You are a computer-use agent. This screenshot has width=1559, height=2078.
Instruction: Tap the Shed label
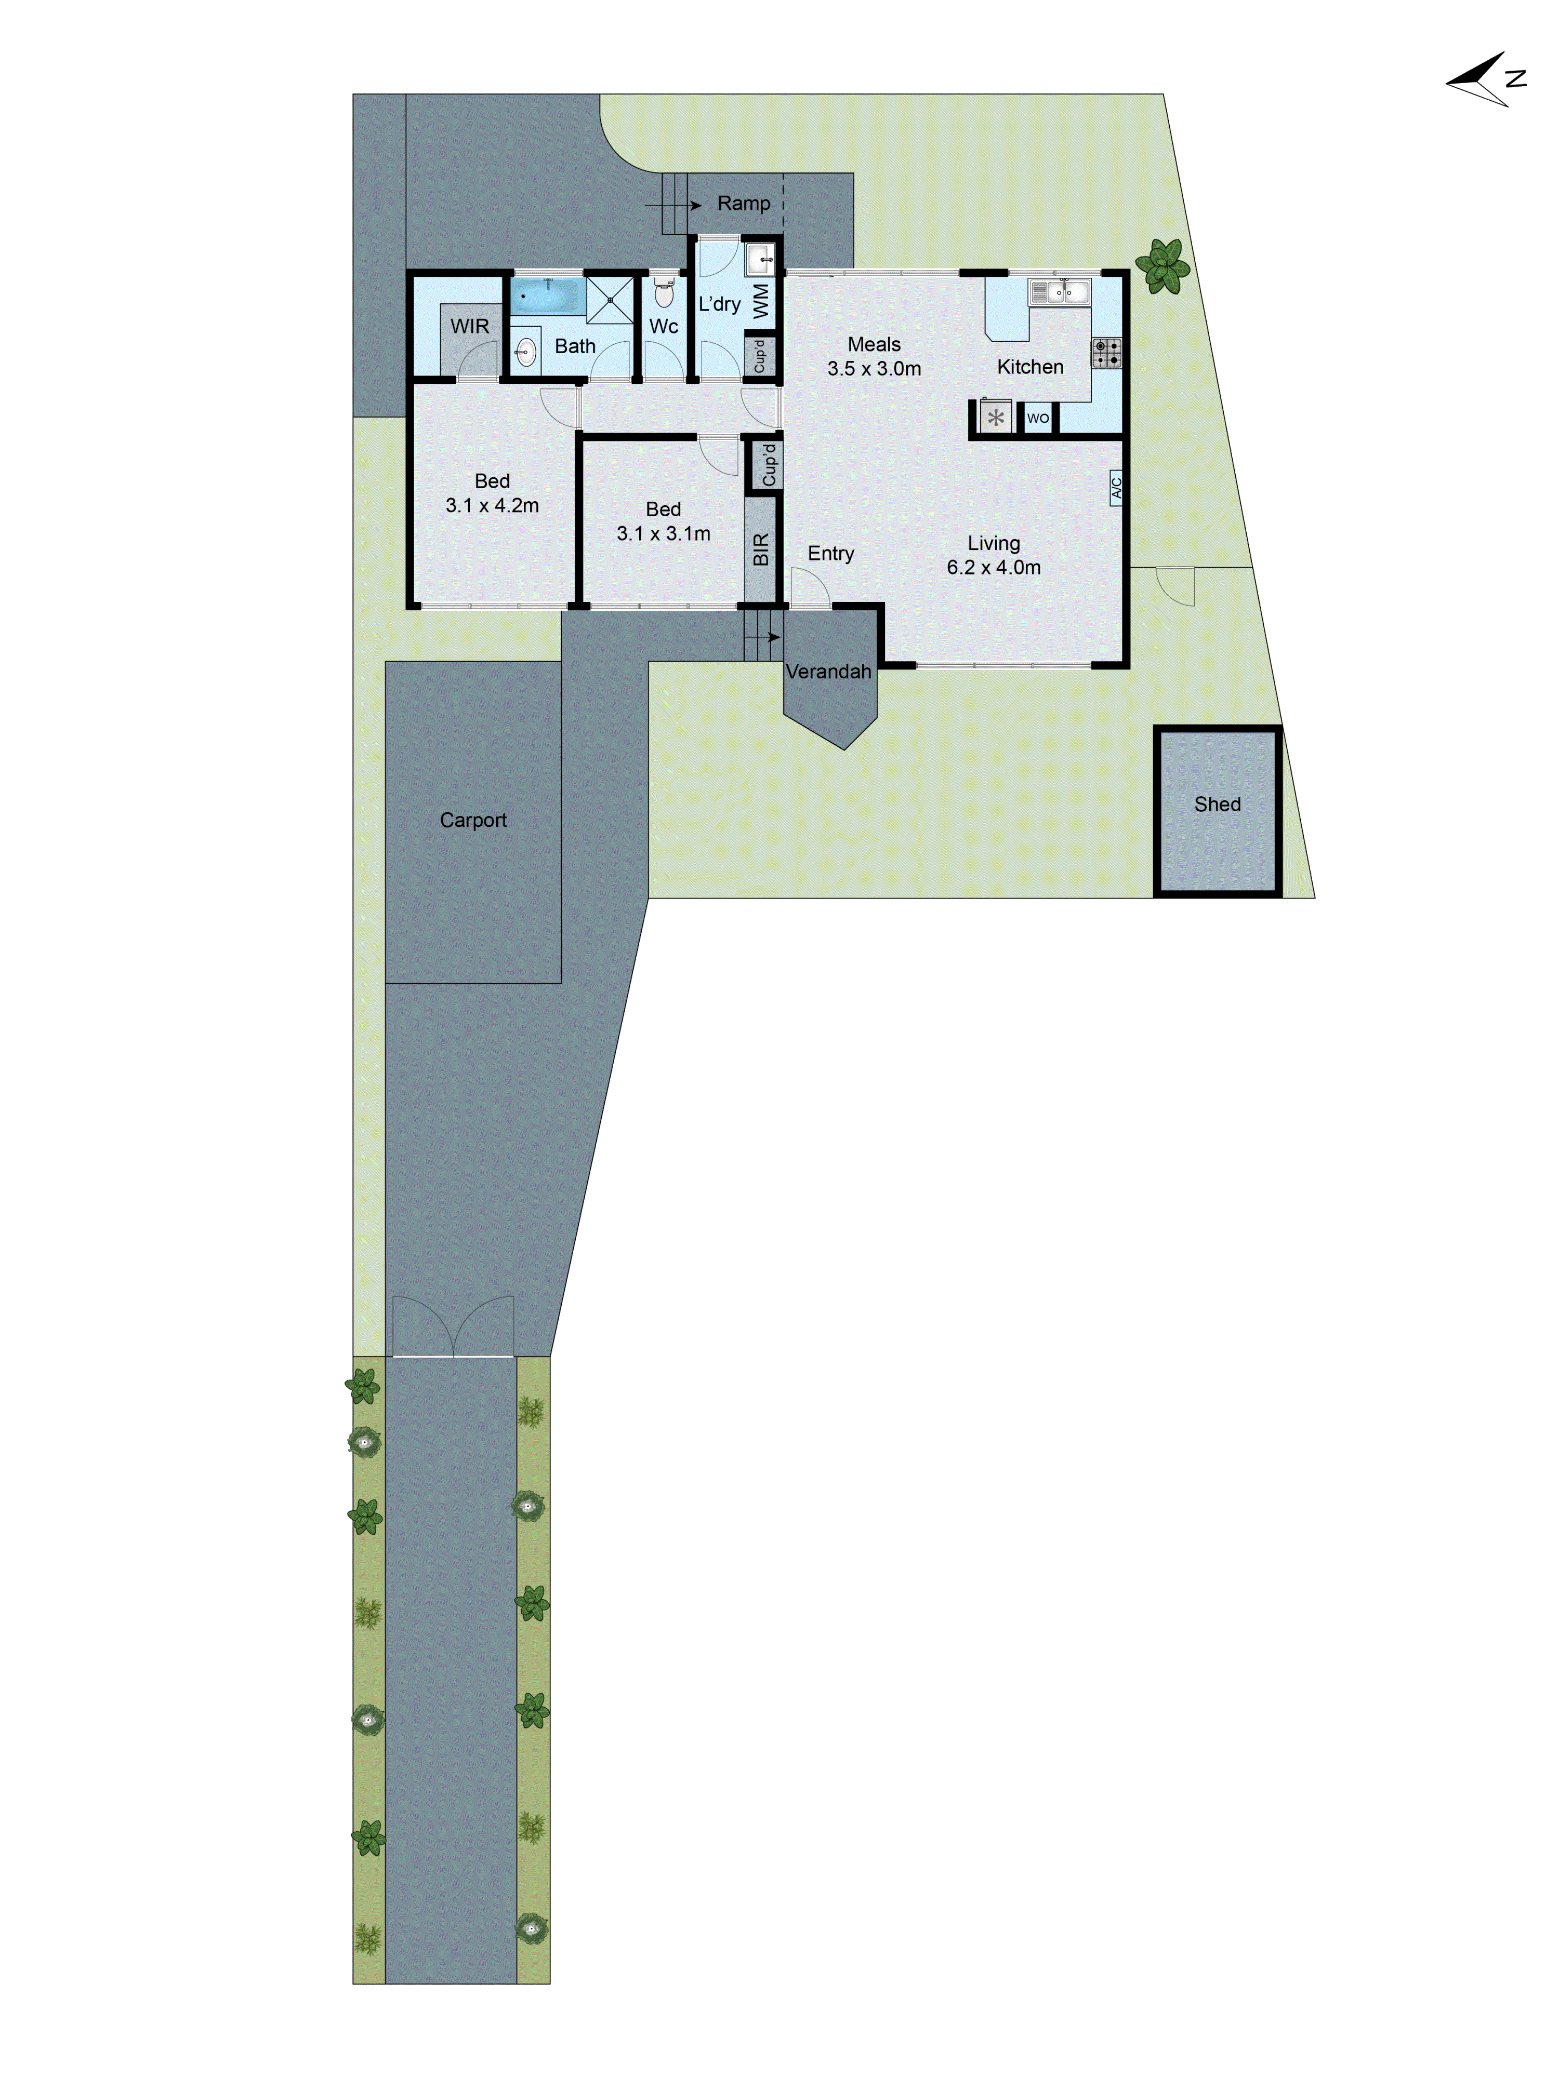pos(1217,804)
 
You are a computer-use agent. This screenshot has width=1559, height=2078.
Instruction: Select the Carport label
pos(473,820)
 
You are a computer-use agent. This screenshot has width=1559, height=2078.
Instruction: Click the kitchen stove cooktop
pos(1106,352)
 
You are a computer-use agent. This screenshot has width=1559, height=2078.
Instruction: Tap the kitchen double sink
pos(1059,292)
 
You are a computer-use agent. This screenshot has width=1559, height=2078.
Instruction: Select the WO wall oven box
pos(1037,418)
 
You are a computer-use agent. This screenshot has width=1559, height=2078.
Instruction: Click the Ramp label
pos(743,203)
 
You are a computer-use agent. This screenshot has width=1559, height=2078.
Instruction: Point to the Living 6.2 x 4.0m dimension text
pos(993,567)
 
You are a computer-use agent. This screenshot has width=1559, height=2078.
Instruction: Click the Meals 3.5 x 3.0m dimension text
pos(874,368)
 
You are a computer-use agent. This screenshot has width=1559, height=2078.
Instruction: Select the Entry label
pos(831,553)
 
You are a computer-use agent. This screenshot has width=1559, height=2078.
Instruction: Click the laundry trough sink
pos(759,258)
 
